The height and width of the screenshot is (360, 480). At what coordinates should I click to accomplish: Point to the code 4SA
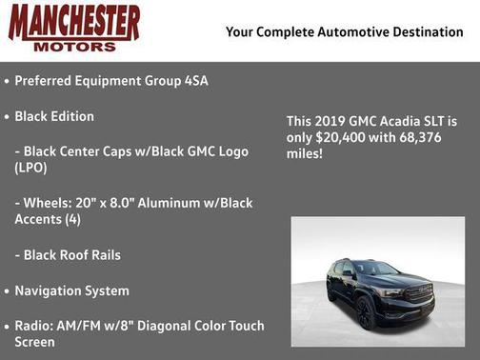pos(195,81)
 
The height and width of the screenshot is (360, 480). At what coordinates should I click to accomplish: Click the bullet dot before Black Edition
pos(6,116)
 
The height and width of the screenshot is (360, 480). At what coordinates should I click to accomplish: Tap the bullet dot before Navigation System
pos(6,290)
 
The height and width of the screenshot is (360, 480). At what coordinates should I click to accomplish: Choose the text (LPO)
pos(31,168)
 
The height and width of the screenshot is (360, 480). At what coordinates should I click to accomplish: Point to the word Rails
pos(102,255)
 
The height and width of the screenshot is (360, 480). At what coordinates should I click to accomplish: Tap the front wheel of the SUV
pos(364,313)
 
